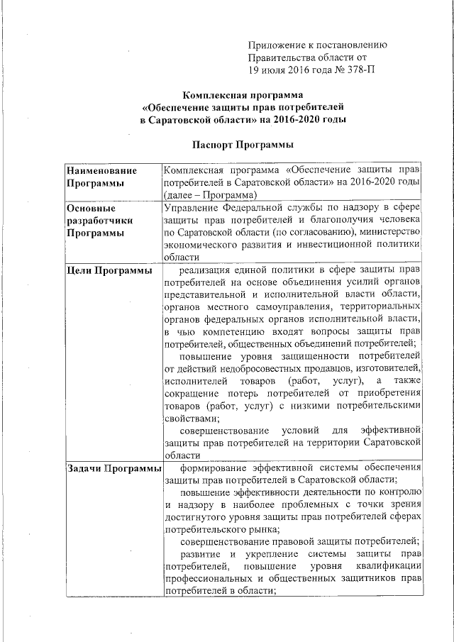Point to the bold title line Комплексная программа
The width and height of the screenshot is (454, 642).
243,94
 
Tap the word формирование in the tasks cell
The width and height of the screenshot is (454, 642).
216,468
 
